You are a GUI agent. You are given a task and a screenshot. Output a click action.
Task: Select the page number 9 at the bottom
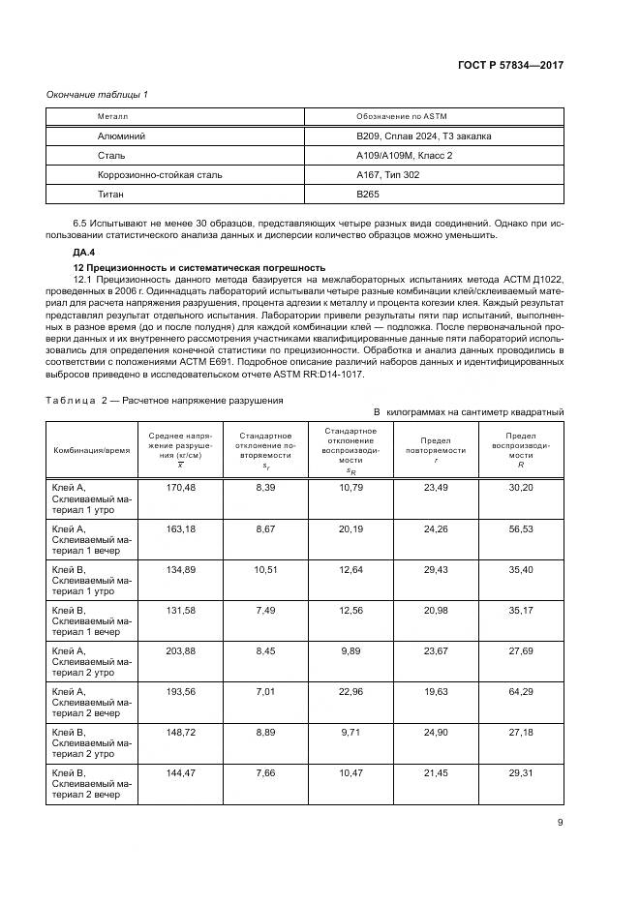coord(561,824)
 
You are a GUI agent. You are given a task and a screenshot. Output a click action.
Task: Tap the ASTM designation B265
coord(368,195)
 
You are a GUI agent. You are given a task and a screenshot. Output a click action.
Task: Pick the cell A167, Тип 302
coord(387,175)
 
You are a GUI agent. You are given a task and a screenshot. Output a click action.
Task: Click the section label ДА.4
coord(73,252)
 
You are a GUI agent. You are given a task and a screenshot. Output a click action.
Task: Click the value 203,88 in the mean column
coord(181,651)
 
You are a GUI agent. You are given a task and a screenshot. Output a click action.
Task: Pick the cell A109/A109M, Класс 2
coord(405,156)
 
